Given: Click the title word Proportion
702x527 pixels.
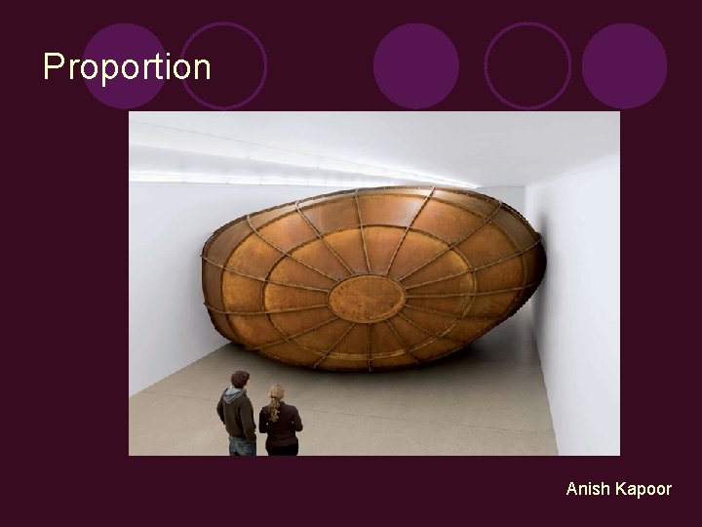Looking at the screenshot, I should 127,67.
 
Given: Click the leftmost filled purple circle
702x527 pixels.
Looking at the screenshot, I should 125,64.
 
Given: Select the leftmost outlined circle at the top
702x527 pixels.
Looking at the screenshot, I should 225,64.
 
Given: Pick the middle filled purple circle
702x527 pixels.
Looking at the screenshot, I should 415,64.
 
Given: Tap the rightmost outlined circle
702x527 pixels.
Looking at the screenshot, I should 527,64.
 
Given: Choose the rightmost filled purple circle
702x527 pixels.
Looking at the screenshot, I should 624,64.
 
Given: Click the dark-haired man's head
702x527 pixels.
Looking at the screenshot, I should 239,380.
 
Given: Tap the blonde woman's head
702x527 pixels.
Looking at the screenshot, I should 278,394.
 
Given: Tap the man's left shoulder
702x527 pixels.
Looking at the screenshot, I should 222,402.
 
